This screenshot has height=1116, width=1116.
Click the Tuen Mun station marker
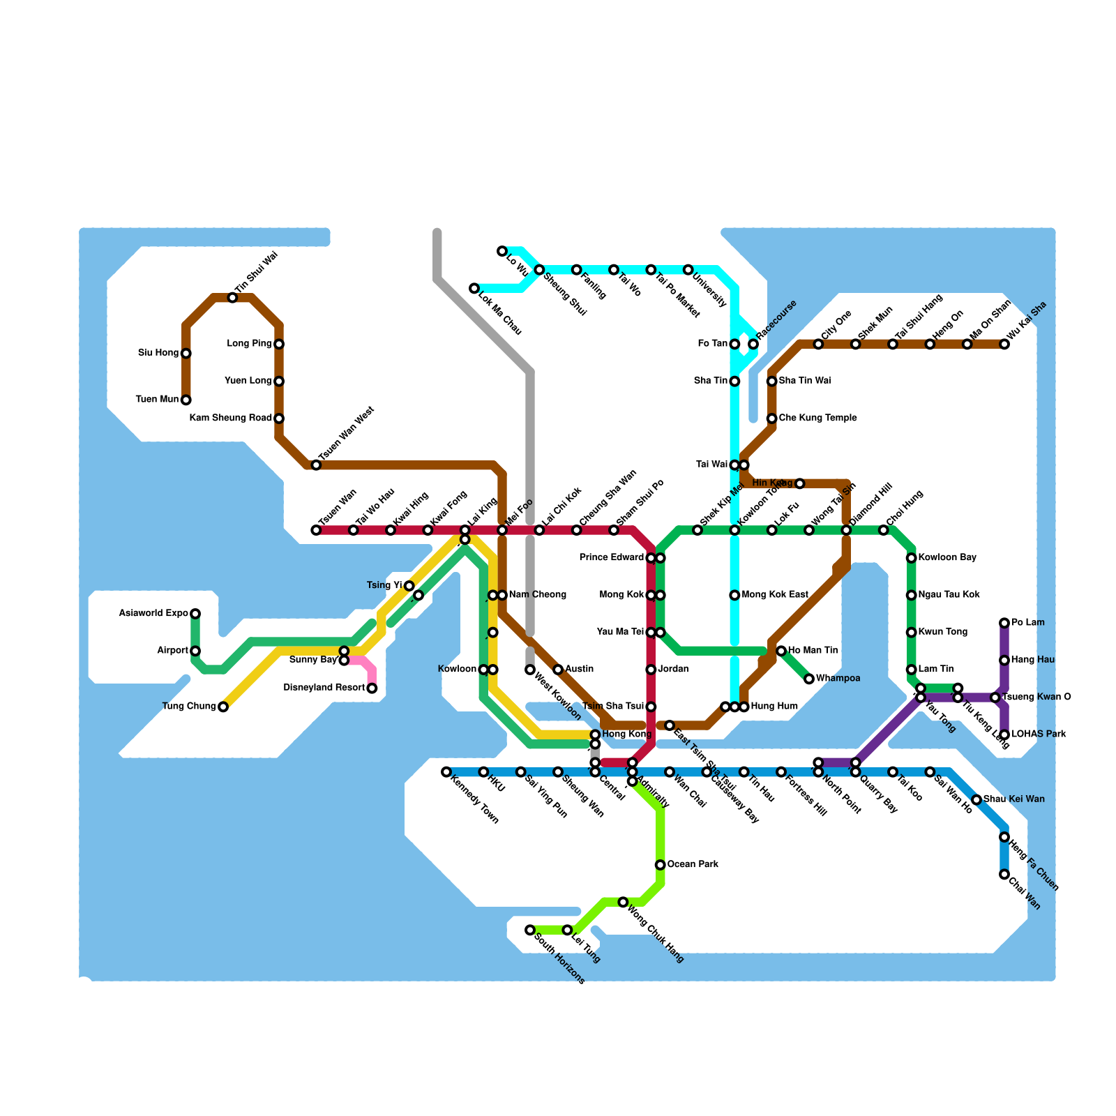click(186, 400)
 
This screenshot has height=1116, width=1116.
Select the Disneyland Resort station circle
click(372, 688)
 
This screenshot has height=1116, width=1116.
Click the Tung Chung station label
click(189, 707)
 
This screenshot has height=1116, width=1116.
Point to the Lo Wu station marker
click(502, 251)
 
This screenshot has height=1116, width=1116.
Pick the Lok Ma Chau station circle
click(474, 288)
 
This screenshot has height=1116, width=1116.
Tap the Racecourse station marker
click(753, 344)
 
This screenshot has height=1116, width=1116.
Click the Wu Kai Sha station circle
click(1004, 344)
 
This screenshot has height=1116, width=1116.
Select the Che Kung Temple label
click(817, 418)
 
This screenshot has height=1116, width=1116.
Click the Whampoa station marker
click(809, 679)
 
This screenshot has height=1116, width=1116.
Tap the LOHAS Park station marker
click(1004, 734)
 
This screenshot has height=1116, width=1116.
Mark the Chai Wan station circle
click(1004, 874)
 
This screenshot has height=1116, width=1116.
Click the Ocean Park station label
click(693, 865)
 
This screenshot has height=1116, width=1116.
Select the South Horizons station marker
click(530, 930)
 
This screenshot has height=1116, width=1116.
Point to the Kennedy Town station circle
click(446, 772)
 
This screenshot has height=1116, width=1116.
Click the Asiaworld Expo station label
click(153, 614)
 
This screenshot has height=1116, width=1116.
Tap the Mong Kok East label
click(774, 595)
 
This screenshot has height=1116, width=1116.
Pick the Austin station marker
click(558, 670)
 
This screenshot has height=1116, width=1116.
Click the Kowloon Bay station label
click(947, 558)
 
